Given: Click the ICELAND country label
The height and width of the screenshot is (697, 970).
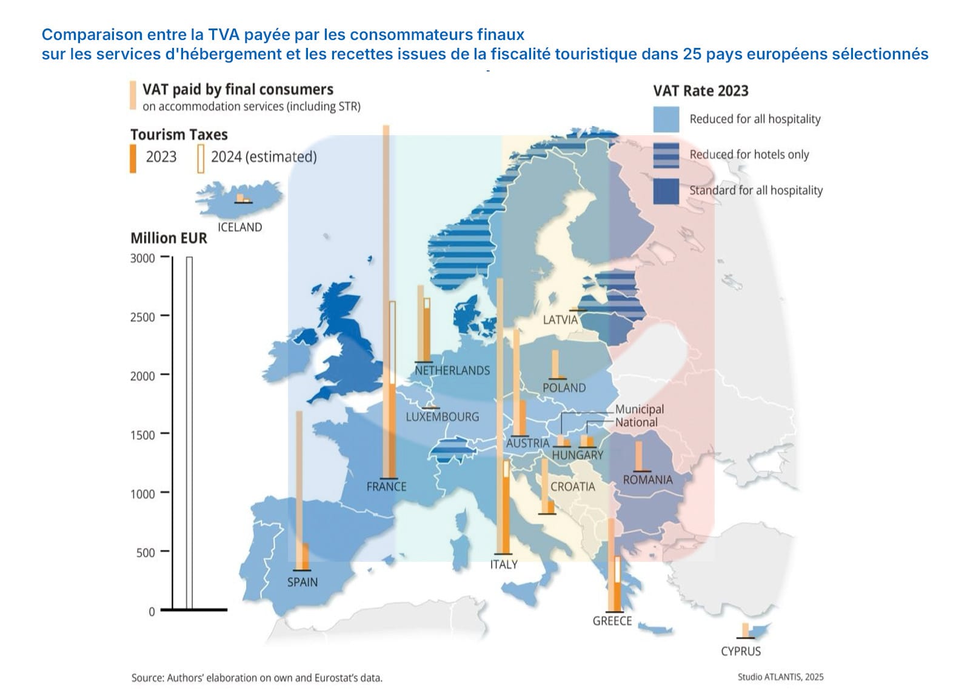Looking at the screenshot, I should pos(239,227).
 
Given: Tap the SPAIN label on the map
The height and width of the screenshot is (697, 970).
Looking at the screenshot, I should pos(302,582).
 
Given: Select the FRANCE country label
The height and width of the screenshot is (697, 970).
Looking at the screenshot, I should pos(386,486).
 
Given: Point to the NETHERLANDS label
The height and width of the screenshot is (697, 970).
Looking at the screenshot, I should pos(452,370).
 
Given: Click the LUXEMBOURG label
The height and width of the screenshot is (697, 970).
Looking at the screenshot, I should pos(442,417).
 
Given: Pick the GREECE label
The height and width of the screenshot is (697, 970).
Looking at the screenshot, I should pos(612,621).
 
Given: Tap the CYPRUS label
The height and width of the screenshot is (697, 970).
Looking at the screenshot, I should pos(740,652).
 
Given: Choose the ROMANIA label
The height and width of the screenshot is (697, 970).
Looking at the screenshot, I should pos(647,479).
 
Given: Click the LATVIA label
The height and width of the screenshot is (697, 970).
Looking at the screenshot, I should pos(560,319).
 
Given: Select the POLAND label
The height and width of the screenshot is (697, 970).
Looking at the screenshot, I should pos(564,388).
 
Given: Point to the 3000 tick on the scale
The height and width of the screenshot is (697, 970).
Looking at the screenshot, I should pos(142,258).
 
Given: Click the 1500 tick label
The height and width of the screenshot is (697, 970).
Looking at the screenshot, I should pos(142,435).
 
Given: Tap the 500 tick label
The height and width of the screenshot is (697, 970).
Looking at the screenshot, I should pos(145,552).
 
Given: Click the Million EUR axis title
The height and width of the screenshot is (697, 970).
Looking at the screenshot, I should pos(169,238).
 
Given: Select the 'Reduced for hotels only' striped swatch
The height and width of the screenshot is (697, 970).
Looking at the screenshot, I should pos(666,155).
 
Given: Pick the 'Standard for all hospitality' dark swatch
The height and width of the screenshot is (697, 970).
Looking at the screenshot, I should pos(666,191).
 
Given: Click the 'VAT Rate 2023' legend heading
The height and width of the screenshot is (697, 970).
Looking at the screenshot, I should pos(700,91).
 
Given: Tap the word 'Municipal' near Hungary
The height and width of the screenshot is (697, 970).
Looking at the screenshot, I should pos(639,409).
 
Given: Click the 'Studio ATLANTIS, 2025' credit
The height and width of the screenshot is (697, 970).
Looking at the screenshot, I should pos(780,677).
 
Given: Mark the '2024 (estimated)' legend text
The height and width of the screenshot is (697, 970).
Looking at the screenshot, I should pos(264,157).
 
